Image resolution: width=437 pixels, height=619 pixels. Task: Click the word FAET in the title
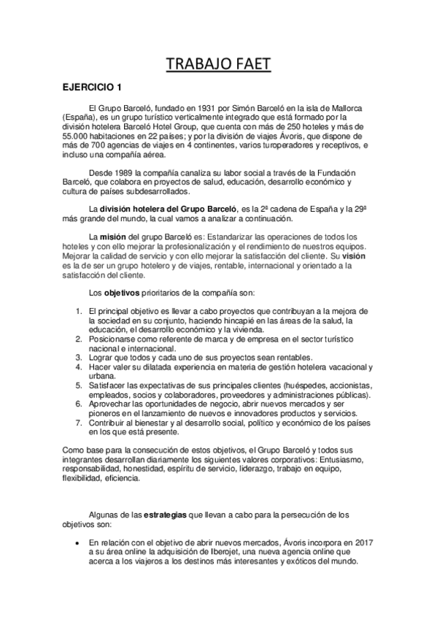(x=247, y=66)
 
